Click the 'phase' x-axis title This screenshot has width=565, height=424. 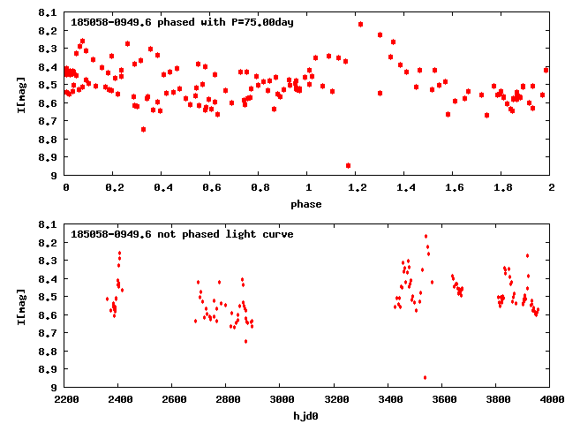pos(308,204)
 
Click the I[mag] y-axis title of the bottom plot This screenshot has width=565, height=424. pos(20,306)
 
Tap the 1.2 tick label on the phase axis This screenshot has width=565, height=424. pos(357,188)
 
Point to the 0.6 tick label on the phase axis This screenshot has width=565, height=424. pos(211,188)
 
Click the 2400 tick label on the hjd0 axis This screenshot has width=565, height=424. pos(120,399)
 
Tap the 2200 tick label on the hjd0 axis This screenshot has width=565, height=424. pos(66,399)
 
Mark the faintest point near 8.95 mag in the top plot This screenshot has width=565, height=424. pos(349,165)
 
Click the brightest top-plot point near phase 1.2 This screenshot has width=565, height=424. pos(361,24)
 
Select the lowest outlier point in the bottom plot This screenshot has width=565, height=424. pos(425,377)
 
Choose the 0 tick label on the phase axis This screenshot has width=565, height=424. pos(66,188)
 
